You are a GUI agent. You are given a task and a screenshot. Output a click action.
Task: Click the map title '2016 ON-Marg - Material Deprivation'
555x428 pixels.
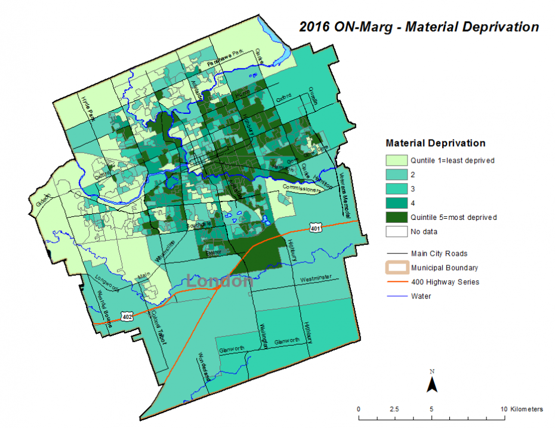click(420, 27)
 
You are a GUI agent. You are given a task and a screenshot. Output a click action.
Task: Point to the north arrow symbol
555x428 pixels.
click(431, 382)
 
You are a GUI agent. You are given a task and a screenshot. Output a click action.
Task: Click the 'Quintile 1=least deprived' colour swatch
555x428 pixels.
click(396, 160)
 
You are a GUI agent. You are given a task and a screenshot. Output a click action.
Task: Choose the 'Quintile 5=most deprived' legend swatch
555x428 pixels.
click(396, 217)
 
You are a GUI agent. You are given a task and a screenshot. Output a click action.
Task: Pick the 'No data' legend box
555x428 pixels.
click(396, 231)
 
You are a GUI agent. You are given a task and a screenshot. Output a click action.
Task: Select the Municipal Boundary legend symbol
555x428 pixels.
click(396, 268)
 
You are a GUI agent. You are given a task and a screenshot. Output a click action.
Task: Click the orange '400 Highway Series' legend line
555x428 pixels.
click(396, 282)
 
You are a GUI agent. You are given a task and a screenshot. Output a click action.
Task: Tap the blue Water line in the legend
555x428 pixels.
click(396, 296)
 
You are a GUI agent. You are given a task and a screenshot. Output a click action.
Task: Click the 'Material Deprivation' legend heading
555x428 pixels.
click(435, 143)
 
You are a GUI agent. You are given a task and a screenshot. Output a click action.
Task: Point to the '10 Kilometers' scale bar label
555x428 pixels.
click(522, 409)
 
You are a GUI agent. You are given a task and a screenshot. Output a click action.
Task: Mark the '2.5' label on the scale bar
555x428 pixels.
click(394, 409)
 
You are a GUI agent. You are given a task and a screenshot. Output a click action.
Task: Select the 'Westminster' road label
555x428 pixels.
click(316, 279)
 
